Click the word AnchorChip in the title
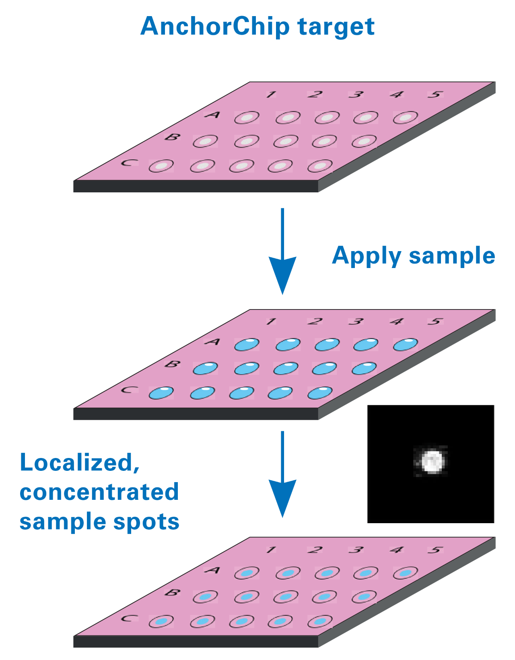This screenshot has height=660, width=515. coord(214,27)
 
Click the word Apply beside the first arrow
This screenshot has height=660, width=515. coord(367,256)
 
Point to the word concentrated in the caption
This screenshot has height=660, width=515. coord(99,492)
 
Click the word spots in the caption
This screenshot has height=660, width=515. coord(146,522)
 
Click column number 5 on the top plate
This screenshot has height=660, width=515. coord(435,95)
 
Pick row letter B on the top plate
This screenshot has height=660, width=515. coord(172,137)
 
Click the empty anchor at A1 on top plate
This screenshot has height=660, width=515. coord(247,118)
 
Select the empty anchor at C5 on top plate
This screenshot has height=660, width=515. coord(320,165)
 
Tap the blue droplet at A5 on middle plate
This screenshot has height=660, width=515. coord(406,344)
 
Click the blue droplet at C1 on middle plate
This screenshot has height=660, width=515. coord(161,393)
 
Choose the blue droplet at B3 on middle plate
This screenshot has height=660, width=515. coord(286,368)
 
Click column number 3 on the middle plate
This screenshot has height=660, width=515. coord(356,322)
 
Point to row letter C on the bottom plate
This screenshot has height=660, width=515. coord(129,618)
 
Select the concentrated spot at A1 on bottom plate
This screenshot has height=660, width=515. coord(247,573)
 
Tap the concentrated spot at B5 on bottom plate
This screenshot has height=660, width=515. coord(364,597)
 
